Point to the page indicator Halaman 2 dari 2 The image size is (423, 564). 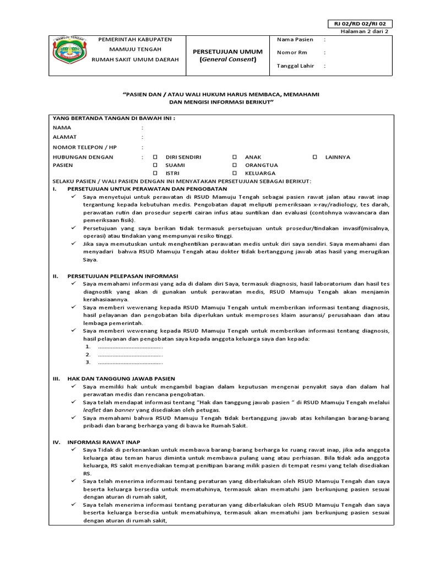click(365, 32)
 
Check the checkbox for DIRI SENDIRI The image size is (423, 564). click(155, 158)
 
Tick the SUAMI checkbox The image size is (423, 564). click(155, 165)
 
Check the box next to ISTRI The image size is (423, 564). click(155, 173)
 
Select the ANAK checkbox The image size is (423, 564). click(235, 158)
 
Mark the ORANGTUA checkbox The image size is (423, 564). click(235, 165)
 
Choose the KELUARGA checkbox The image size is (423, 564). click(235, 173)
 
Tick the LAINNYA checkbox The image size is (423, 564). click(314, 158)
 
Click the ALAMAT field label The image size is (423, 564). click(65, 137)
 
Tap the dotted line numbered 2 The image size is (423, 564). click(130, 355)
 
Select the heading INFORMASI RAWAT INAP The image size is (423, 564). click(104, 442)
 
